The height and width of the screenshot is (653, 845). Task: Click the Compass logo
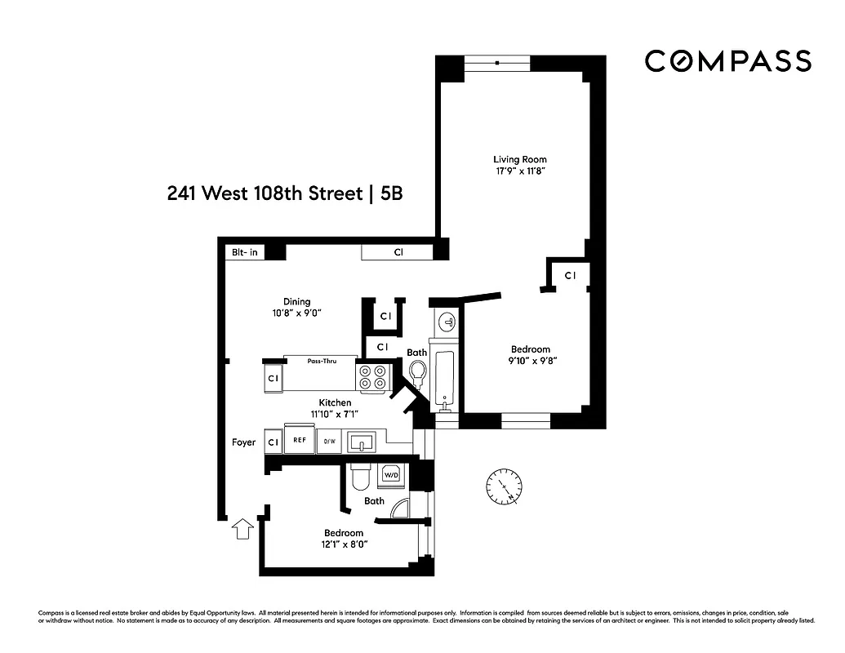pyautogui.click(x=727, y=61)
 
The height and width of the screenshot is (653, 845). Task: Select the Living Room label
pyautogui.click(x=519, y=159)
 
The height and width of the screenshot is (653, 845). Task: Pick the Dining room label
pyautogui.click(x=296, y=301)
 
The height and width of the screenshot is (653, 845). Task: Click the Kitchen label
pyautogui.click(x=335, y=402)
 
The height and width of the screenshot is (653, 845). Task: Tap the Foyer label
pyautogui.click(x=243, y=442)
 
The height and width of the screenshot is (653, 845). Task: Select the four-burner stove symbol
pyautogui.click(x=373, y=376)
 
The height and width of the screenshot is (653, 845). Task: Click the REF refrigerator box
pyautogui.click(x=300, y=441)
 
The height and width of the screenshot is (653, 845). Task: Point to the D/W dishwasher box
pyautogui.click(x=329, y=442)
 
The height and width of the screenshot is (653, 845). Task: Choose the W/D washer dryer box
pyautogui.click(x=391, y=475)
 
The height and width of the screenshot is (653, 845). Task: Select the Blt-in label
pyautogui.click(x=244, y=252)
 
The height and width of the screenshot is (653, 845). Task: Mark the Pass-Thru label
pyautogui.click(x=320, y=361)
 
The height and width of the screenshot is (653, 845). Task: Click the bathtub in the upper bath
pyautogui.click(x=446, y=380)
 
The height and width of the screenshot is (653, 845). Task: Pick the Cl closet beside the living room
pyautogui.click(x=571, y=276)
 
